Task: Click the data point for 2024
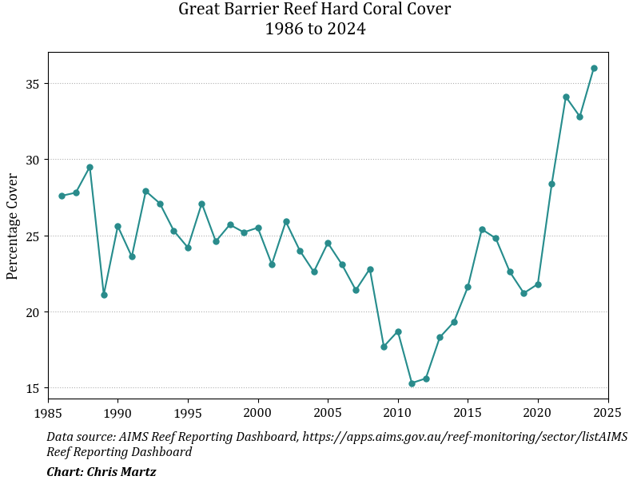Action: pos(594,68)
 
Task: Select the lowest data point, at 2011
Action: pos(412,383)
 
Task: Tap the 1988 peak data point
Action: pos(90,167)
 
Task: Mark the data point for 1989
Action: pos(104,295)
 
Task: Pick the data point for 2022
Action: pos(566,97)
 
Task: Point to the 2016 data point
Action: pos(482,229)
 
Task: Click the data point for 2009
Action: pos(384,347)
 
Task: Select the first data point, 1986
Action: pos(62,196)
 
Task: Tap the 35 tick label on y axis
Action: pos(33,84)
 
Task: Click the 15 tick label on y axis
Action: pos(33,388)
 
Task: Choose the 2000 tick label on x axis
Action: pos(258,413)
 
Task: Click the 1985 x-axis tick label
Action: pos(48,413)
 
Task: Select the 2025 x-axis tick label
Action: pos(608,413)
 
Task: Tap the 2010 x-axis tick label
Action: pos(398,413)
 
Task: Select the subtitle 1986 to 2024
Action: pos(315,30)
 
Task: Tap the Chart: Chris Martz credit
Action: pos(101,472)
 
